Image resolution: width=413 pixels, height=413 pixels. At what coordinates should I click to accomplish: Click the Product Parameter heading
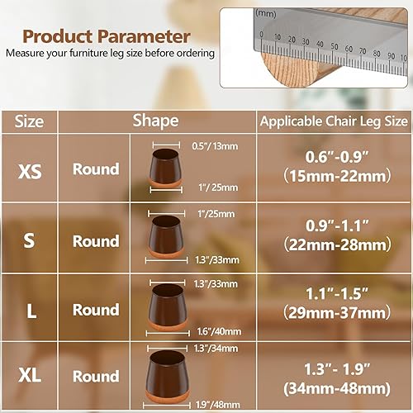point(106,36)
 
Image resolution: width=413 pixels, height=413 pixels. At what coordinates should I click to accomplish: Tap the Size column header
point(30,121)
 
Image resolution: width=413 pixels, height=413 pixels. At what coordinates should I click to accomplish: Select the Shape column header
point(155,121)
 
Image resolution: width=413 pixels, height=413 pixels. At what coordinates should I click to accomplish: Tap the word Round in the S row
point(96,241)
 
